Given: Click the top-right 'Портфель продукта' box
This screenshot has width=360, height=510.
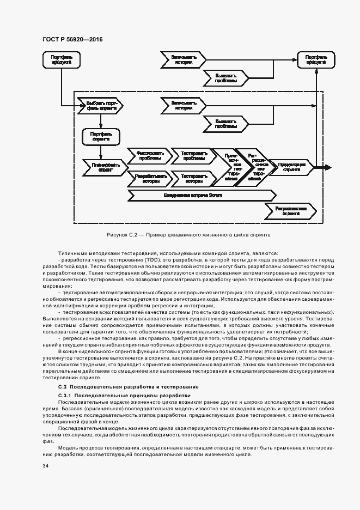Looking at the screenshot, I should [x=316, y=59].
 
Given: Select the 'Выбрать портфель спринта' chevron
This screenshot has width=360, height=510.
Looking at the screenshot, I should [x=100, y=105].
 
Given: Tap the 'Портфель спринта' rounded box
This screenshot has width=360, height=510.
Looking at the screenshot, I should [x=101, y=136].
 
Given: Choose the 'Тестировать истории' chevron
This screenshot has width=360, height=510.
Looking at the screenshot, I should [x=190, y=179].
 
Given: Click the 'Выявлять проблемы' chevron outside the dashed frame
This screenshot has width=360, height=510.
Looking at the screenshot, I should [x=225, y=78].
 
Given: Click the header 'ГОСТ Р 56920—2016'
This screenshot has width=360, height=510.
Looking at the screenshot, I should [x=72, y=40].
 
